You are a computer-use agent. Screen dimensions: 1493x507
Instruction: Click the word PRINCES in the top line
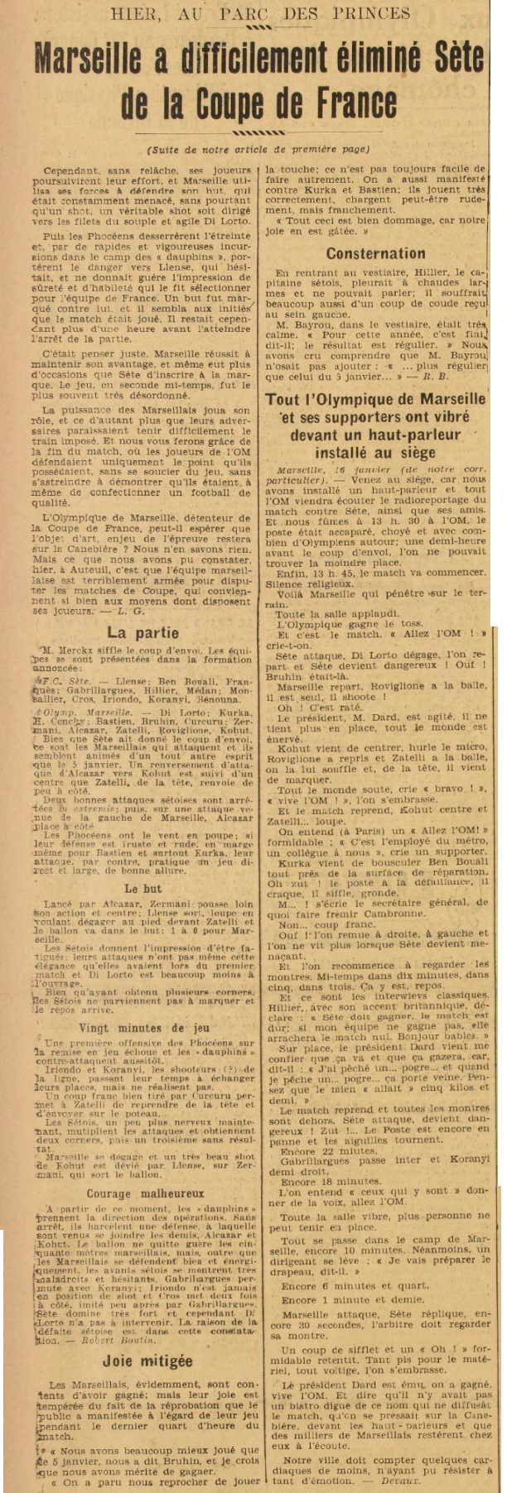[370, 12]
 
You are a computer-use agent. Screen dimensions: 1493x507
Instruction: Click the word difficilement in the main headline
[263, 61]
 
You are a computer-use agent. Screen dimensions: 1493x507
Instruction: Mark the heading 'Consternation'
[375, 253]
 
